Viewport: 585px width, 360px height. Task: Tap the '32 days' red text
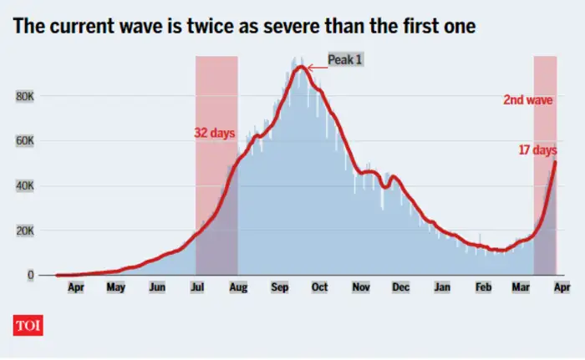[215, 133]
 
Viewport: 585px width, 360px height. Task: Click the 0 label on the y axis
[31, 275]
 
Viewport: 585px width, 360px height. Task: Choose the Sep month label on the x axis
[279, 287]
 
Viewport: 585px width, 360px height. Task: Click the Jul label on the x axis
[198, 287]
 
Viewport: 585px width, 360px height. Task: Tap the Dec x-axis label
[401, 287]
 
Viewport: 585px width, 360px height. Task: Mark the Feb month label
[484, 287]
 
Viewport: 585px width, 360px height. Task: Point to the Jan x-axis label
[443, 287]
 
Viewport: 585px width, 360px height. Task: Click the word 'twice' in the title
[216, 27]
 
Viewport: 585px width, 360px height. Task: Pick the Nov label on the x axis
[360, 287]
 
